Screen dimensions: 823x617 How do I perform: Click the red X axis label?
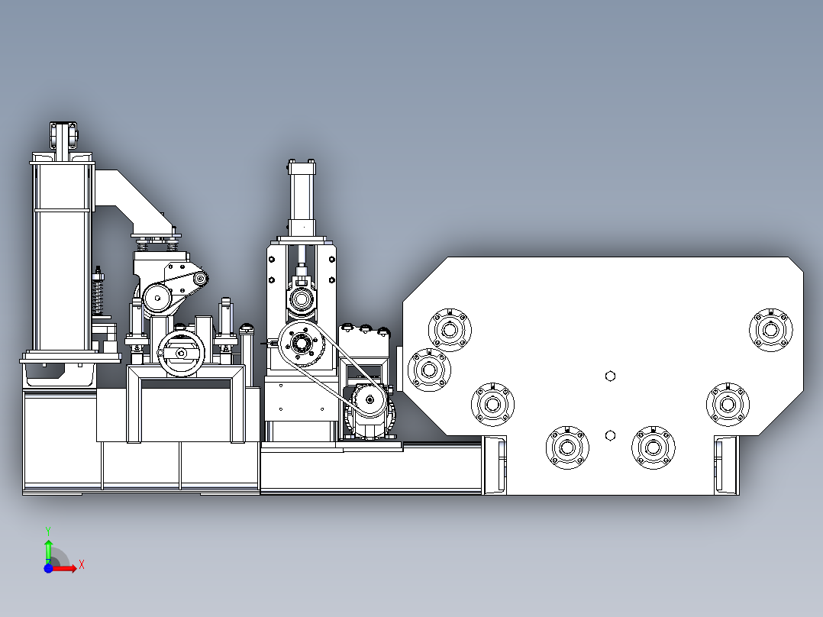82,565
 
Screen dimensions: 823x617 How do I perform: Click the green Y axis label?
48,531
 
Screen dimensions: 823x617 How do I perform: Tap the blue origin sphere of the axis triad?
48,568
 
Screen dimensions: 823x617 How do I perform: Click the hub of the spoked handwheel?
180,354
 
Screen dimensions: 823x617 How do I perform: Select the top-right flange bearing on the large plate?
770,330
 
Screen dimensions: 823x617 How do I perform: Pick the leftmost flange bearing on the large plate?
429,370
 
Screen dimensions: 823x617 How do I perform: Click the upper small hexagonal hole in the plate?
610,376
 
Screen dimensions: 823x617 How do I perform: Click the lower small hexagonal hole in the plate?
610,435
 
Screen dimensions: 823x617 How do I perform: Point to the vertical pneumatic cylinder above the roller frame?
302,199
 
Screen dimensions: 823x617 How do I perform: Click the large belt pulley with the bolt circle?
301,344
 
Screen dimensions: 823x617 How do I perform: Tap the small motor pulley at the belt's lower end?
370,400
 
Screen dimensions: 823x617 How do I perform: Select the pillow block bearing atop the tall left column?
64,135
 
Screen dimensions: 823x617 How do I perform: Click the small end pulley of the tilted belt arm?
200,279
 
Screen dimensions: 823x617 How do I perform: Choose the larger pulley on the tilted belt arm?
157,299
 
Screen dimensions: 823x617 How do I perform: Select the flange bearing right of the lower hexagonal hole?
653,447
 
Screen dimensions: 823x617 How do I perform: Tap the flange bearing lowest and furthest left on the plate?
566,447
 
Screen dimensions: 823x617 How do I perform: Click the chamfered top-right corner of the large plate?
796,264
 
